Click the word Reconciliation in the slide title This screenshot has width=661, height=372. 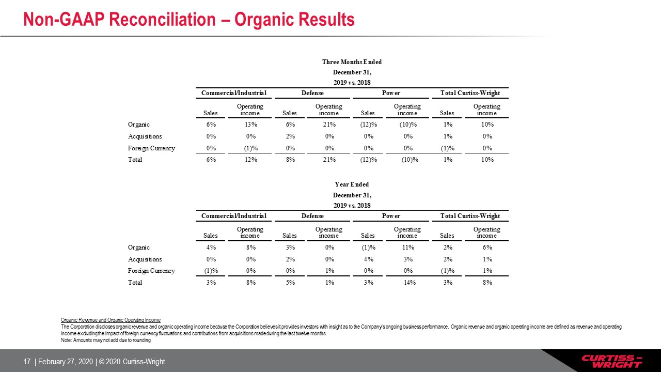[162, 20]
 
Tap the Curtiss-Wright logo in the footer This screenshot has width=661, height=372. [612, 361]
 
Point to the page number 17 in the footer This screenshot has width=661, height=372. [27, 362]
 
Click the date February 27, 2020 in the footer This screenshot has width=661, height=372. [65, 362]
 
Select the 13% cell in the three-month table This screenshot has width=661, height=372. [251, 125]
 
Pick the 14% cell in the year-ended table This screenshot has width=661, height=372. [410, 283]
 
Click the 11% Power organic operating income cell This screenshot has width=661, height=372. [408, 247]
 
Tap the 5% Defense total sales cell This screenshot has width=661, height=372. [290, 283]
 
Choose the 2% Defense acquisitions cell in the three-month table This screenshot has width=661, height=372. [290, 136]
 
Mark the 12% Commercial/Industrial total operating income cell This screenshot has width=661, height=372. [251, 160]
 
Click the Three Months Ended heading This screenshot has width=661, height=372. [352, 62]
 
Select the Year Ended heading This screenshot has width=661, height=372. [352, 184]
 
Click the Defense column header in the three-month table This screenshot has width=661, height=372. [312, 93]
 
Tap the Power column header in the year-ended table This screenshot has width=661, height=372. [391, 216]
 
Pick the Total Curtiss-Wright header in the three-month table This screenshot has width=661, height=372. [470, 93]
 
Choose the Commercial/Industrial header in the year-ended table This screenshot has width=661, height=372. [234, 216]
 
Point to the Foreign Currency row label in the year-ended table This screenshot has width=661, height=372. [151, 271]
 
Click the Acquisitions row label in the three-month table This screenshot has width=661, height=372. [145, 136]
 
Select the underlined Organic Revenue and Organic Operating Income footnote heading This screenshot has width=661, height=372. [111, 320]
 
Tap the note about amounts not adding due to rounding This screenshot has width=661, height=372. [106, 340]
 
